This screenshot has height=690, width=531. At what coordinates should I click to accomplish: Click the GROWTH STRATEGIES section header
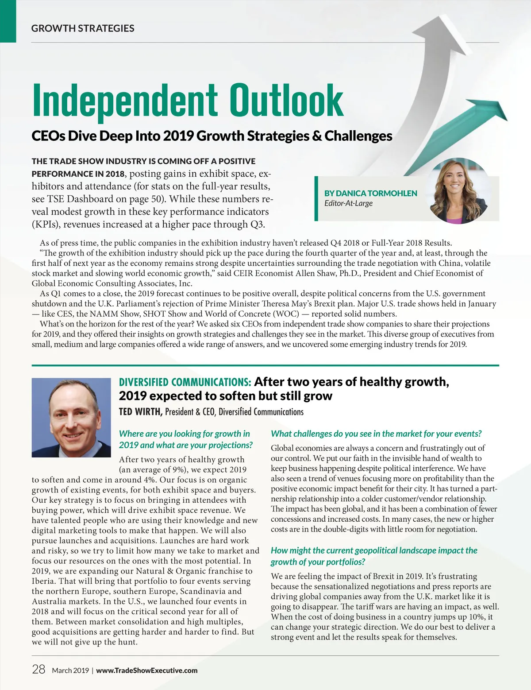[x=83, y=28]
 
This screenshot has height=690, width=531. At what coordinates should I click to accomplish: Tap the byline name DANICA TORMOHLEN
[x=371, y=193]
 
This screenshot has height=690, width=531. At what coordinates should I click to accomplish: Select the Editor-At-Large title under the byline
[x=348, y=203]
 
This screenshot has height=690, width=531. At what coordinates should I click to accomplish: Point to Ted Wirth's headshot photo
[x=71, y=417]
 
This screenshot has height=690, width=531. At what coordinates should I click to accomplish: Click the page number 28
[x=38, y=669]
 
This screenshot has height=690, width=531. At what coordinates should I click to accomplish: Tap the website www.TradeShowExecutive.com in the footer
[x=147, y=671]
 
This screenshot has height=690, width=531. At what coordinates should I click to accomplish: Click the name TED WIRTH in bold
[x=140, y=412]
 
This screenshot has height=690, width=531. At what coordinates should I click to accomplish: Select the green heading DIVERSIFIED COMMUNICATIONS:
[x=185, y=382]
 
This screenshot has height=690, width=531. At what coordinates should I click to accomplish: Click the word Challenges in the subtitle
[x=358, y=136]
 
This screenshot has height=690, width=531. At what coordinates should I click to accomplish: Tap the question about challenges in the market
[x=376, y=434]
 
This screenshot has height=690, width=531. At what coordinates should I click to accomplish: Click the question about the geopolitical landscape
[x=374, y=556]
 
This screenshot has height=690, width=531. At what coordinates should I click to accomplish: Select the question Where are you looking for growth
[x=185, y=439]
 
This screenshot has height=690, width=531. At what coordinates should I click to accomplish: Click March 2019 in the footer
[x=70, y=671]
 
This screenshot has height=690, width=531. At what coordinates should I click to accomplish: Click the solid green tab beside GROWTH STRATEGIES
[x=8, y=21]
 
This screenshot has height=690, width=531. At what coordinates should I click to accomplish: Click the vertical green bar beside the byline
[x=316, y=198]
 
